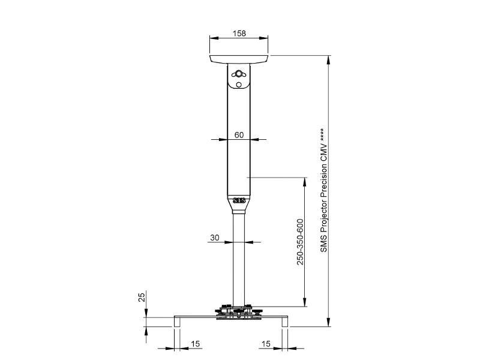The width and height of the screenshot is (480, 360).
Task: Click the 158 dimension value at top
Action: click(x=239, y=34)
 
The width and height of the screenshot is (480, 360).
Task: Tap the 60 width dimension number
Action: click(x=239, y=135)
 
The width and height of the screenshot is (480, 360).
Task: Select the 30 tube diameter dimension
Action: click(x=215, y=238)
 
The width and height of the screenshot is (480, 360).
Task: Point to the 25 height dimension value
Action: click(x=142, y=297)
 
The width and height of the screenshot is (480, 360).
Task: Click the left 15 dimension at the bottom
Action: click(x=196, y=344)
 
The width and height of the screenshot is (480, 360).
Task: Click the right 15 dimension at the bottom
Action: click(x=266, y=344)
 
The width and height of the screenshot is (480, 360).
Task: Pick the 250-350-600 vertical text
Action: click(x=301, y=241)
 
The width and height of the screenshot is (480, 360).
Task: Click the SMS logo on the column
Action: click(x=239, y=200)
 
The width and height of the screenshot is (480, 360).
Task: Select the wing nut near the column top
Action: click(x=239, y=74)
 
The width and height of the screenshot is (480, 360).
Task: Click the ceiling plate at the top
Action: click(x=239, y=59)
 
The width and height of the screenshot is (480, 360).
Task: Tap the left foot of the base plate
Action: click(x=177, y=322)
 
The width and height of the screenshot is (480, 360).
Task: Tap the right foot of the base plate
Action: click(x=285, y=322)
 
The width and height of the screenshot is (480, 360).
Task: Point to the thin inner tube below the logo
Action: click(x=239, y=264)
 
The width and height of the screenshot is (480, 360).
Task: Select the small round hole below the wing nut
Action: click(x=239, y=85)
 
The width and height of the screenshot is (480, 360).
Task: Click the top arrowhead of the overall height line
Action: click(x=329, y=58)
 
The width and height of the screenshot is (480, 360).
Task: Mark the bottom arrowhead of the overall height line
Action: click(x=329, y=323)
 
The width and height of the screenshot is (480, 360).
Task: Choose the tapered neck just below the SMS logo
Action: click(x=239, y=210)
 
